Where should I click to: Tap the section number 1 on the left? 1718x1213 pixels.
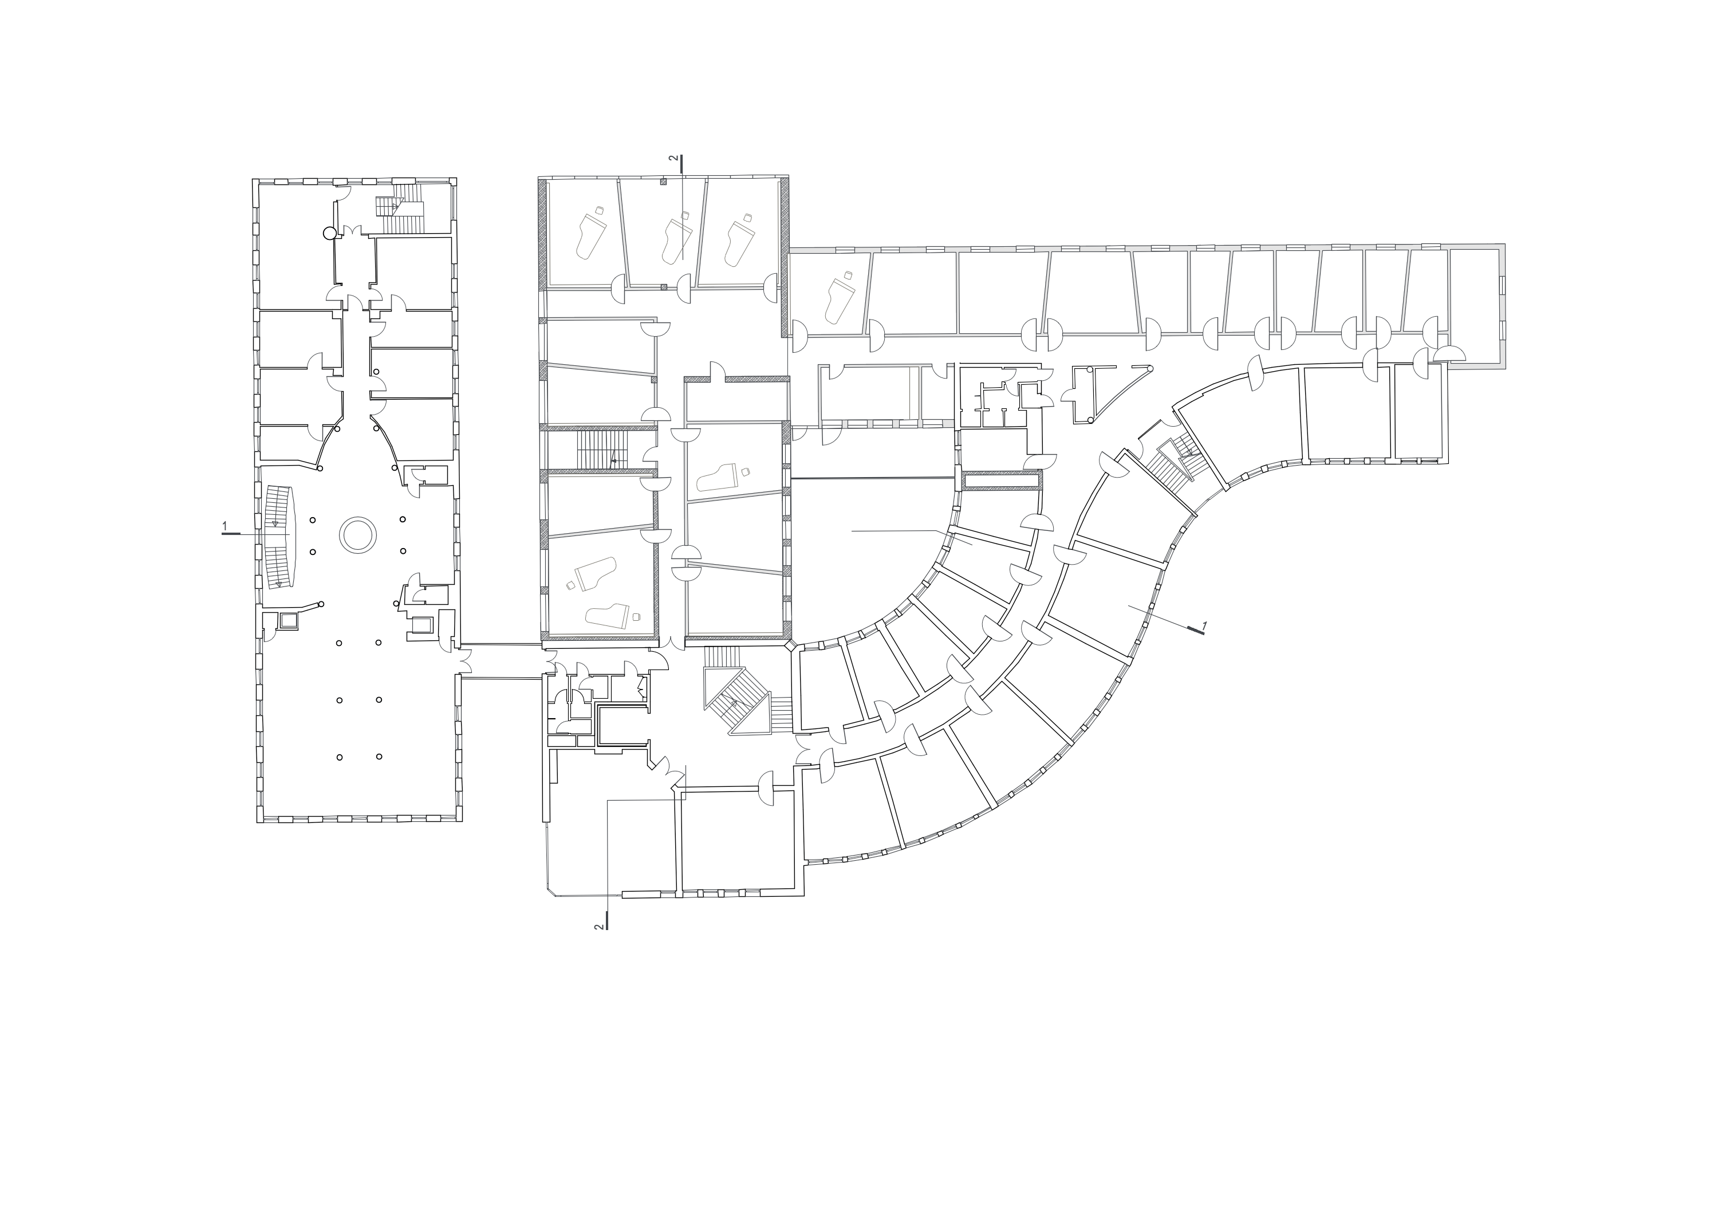[224, 527]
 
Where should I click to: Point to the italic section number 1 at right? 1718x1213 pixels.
[1204, 623]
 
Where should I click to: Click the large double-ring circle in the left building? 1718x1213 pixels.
[358, 534]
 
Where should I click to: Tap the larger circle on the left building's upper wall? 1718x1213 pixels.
[328, 234]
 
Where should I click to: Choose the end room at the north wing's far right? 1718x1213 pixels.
[1474, 305]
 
